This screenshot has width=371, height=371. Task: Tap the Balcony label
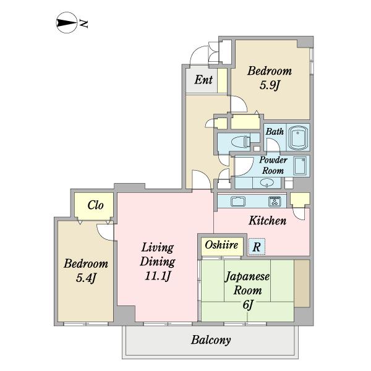pyautogui.click(x=211, y=339)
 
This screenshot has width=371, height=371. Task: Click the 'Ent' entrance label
pyautogui.click(x=203, y=80)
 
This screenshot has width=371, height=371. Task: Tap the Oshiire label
pyautogui.click(x=221, y=245)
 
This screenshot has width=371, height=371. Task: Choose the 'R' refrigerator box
pyautogui.click(x=257, y=246)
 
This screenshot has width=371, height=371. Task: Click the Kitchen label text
pyautogui.click(x=267, y=220)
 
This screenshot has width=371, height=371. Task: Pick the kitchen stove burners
pyautogui.click(x=275, y=201)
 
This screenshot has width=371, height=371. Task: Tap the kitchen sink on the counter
pyautogui.click(x=238, y=201)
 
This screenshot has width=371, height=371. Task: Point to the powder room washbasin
pyautogui.click(x=268, y=182)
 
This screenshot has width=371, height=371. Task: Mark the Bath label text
pyautogui.click(x=275, y=131)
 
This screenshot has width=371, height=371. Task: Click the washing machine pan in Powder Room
pyautogui.click(x=301, y=166)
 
